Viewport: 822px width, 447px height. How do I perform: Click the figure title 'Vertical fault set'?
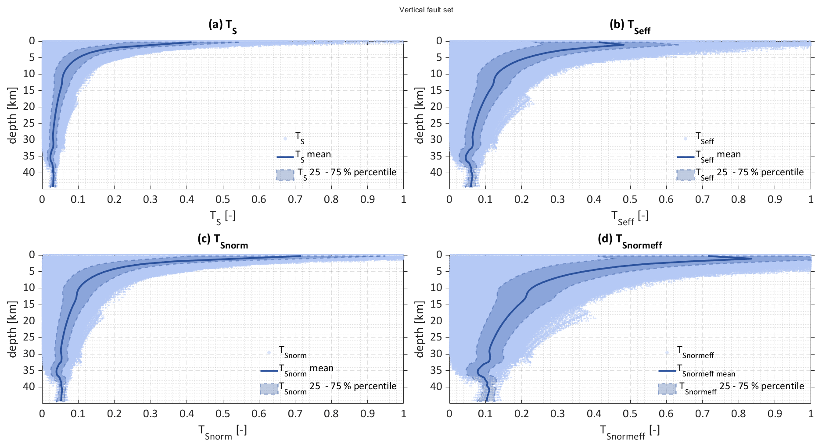426,10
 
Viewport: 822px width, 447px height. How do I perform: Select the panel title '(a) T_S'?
223,25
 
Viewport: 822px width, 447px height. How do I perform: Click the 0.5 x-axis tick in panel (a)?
223,199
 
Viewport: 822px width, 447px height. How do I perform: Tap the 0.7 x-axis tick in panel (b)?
702,199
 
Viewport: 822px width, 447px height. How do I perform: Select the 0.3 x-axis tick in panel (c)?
151,413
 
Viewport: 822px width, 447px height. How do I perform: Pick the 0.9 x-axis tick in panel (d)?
775,413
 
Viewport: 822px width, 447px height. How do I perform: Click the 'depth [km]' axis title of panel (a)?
12,115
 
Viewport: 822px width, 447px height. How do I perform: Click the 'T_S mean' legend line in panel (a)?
285,156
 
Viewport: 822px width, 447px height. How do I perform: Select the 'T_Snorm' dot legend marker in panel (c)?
269,353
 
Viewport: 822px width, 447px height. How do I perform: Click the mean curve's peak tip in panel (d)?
751,259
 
